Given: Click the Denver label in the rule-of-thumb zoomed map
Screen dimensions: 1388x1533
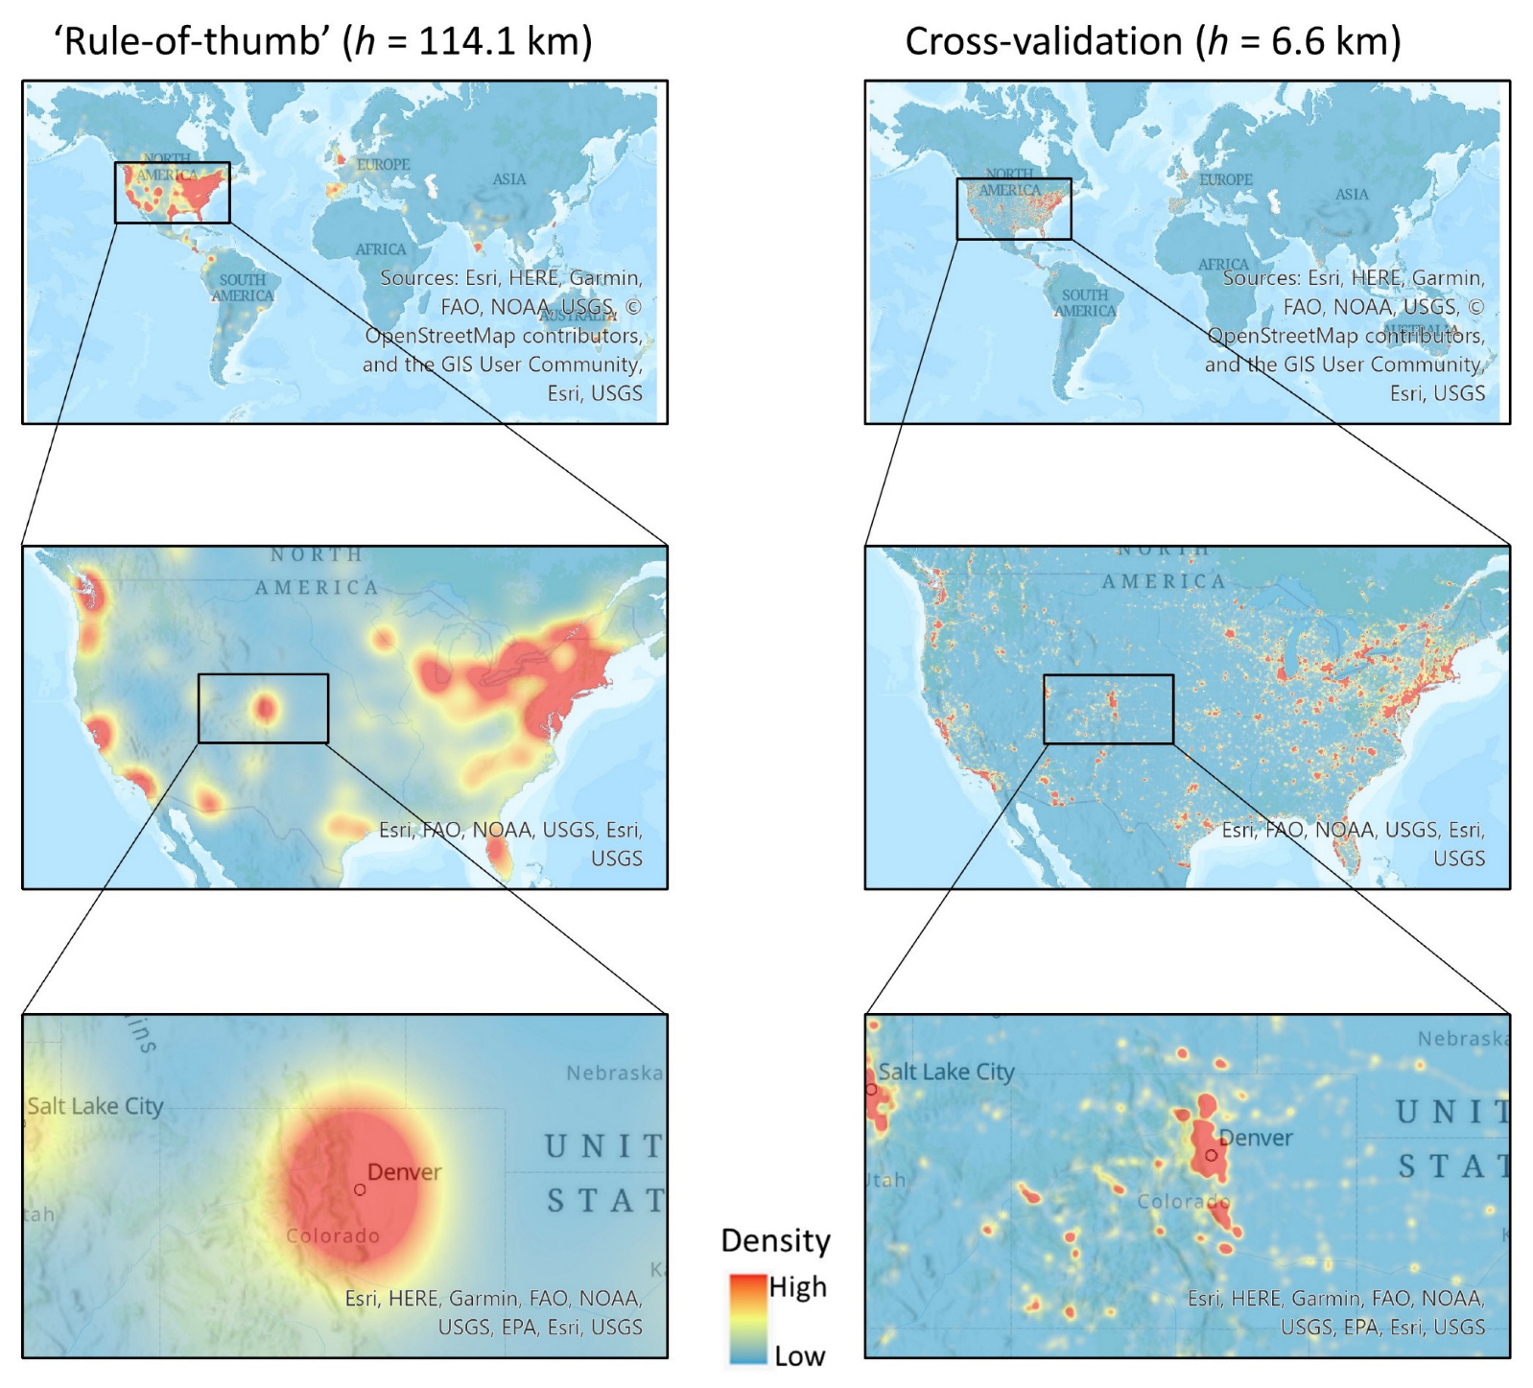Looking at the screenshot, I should [404, 1172].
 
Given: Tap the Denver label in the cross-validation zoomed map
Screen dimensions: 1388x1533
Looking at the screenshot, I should [1256, 1139].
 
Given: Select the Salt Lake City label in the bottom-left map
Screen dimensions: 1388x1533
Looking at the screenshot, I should [95, 1106].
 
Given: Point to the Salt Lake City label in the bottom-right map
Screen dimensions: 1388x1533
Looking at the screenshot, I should [946, 1072].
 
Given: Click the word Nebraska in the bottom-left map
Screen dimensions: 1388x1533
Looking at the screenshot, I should [614, 1072].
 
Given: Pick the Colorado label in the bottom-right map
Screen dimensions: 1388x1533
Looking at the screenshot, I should [1183, 1201].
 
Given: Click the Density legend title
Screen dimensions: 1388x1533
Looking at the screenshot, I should [775, 1240].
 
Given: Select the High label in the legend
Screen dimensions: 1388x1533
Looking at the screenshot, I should [797, 1286].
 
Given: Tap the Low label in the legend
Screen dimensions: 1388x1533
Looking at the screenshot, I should [799, 1356].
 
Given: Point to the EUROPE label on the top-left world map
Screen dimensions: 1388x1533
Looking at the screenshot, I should [383, 165].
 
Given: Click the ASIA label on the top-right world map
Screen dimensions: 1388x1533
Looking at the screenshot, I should [1352, 195].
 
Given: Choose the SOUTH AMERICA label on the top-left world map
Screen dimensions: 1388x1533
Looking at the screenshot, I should [242, 288].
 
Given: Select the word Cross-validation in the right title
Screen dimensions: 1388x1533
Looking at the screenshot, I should [1043, 41].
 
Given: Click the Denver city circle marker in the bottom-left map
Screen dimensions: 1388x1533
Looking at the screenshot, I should [360, 1189].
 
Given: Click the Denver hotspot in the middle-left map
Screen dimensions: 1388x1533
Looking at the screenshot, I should [265, 709].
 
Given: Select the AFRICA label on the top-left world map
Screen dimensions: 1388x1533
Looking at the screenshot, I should [381, 249].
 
